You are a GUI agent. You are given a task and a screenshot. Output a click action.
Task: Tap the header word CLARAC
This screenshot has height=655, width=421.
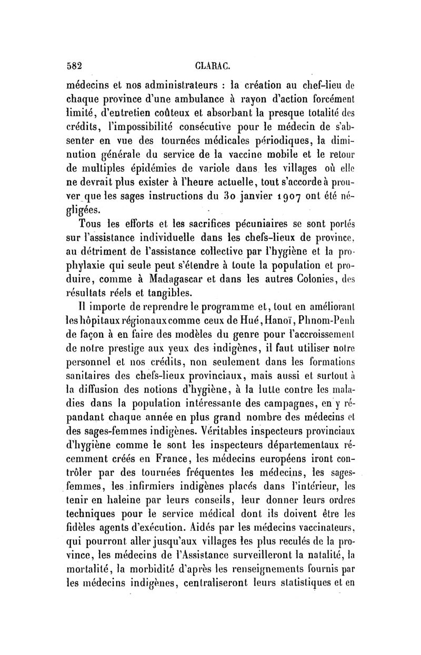[210, 66]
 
